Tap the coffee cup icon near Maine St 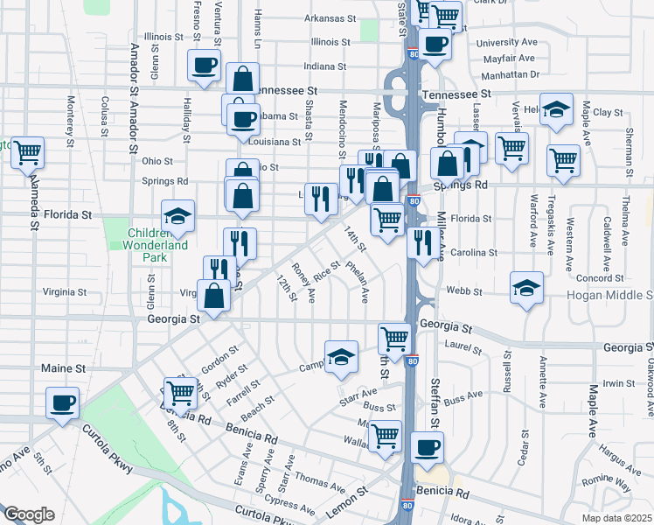pos(63,403)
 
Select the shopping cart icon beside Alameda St pos(28,151)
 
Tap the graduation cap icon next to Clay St pos(554,109)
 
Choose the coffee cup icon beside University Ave pos(435,42)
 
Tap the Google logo pos(29,514)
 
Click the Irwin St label pos(617,383)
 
